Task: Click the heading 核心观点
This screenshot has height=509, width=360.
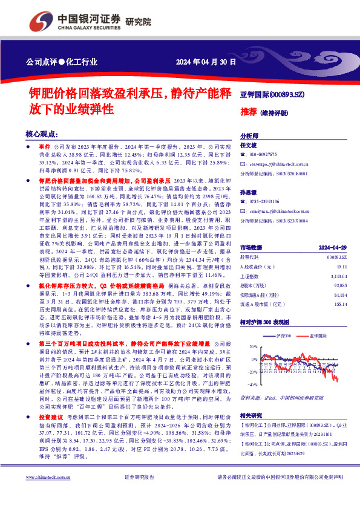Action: point(42,134)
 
